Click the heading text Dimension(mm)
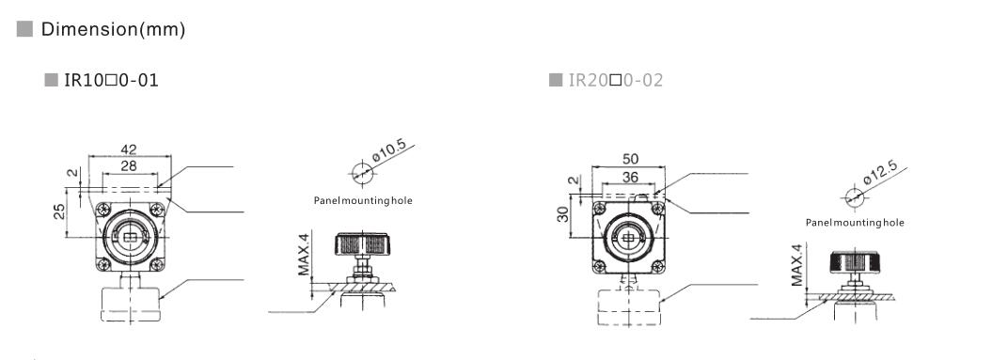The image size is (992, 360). click(x=113, y=30)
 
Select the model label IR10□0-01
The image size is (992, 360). click(x=111, y=80)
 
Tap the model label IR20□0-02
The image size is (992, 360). click(x=616, y=80)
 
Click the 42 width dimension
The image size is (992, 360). click(x=129, y=149)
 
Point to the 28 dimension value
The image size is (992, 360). click(x=129, y=165)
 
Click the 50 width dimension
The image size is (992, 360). click(x=630, y=159)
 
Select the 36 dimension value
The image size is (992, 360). click(x=630, y=177)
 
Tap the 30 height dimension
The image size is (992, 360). click(x=562, y=214)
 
